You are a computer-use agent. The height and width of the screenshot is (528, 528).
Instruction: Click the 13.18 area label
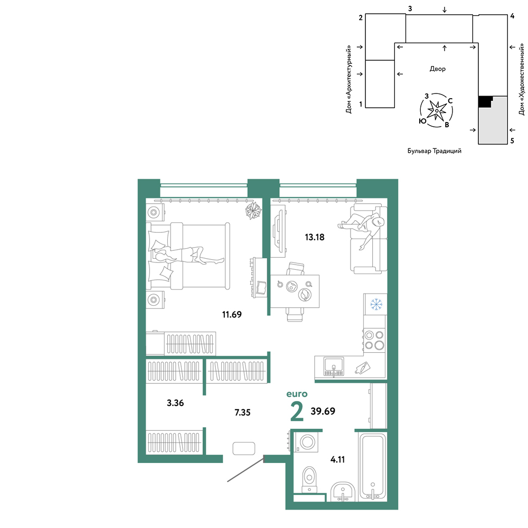pyautogui.click(x=315, y=237)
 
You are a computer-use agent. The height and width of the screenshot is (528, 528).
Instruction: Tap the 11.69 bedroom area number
pyautogui.click(x=232, y=315)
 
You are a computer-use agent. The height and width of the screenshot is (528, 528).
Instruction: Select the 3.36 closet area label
pyautogui.click(x=175, y=403)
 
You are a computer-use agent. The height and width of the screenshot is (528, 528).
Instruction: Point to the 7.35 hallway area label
pyautogui.click(x=242, y=412)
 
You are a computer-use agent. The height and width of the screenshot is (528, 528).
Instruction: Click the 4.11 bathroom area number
pyautogui.click(x=337, y=459)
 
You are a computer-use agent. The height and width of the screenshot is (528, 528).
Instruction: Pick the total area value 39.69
pyautogui.click(x=323, y=411)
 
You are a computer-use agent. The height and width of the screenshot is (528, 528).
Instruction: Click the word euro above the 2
pyautogui.click(x=297, y=394)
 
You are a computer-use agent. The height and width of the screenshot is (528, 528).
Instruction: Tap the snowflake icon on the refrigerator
pyautogui.click(x=376, y=304)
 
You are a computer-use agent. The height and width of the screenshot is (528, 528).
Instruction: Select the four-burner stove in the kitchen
pyautogui.click(x=374, y=340)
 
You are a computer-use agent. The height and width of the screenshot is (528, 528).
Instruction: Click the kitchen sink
pyautogui.click(x=333, y=366)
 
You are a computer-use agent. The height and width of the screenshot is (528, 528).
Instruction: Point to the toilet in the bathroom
pyautogui.click(x=309, y=479)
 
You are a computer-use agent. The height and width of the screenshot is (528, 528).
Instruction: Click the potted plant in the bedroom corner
pyautogui.click(x=253, y=211)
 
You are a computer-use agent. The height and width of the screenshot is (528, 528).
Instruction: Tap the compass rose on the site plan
pyautogui.click(x=437, y=110)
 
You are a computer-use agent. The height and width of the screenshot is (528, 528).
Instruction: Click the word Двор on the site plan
pyautogui.click(x=437, y=69)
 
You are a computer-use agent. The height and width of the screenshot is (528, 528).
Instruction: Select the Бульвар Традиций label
pyautogui.click(x=435, y=151)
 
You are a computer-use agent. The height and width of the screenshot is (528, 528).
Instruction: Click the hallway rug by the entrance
pyautogui.click(x=243, y=448)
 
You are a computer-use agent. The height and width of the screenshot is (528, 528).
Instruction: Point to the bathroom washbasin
pyautogui.click(x=343, y=491)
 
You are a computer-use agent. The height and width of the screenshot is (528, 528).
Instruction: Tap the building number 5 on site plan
pyautogui.click(x=512, y=141)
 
